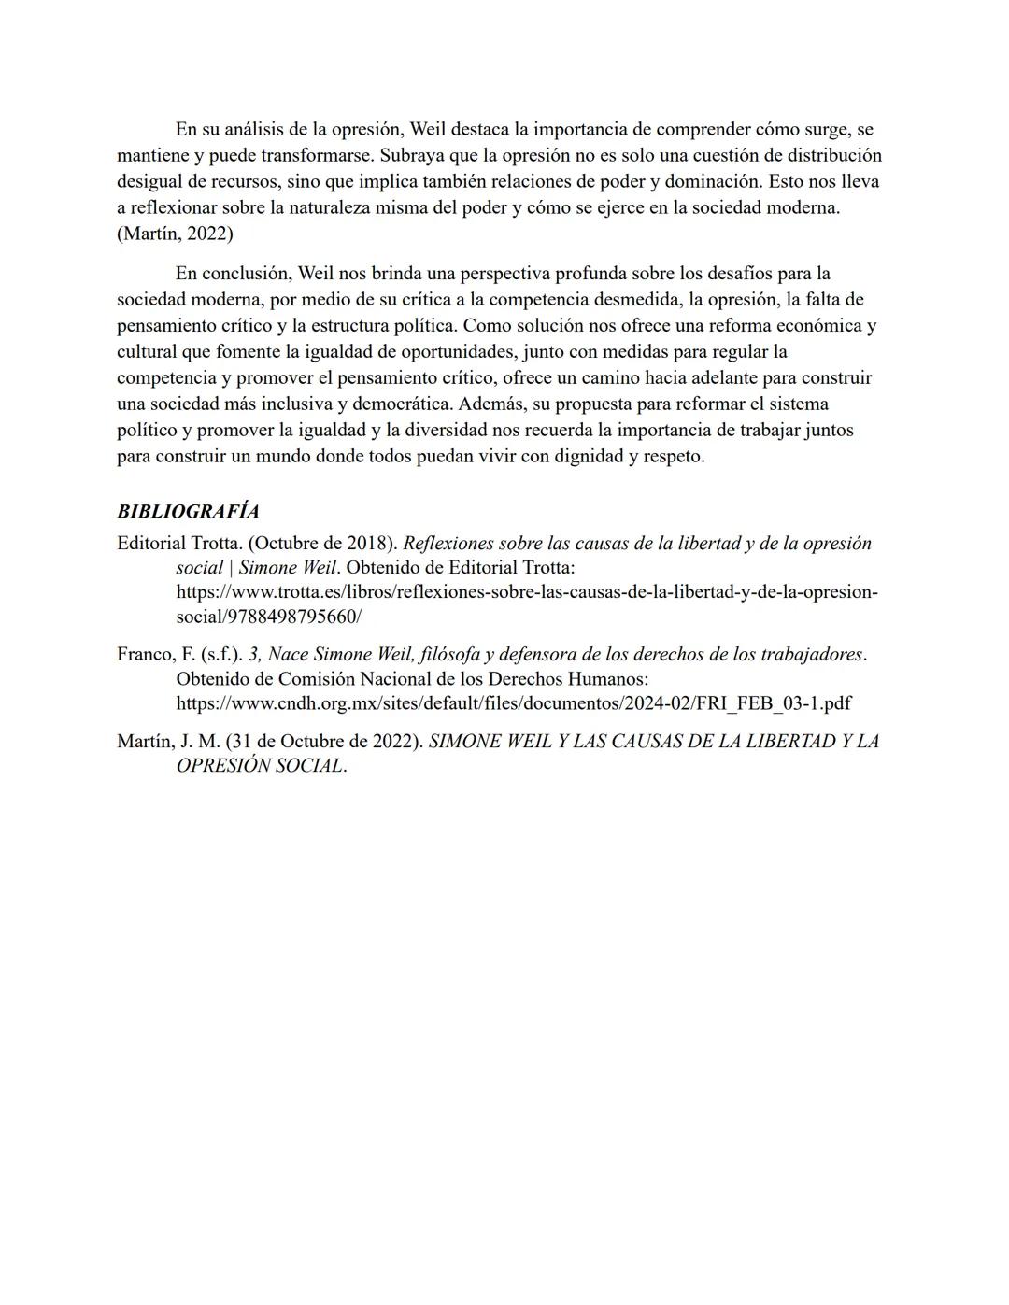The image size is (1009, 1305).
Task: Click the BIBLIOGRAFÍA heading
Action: [188, 512]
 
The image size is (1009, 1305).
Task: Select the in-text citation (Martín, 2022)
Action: [175, 234]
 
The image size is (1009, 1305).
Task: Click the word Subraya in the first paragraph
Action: [413, 155]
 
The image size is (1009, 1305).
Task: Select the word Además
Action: [491, 404]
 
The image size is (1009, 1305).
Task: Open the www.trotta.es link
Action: [526, 592]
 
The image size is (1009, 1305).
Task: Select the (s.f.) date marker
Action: [221, 655]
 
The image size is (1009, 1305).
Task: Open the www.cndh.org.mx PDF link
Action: [513, 703]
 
